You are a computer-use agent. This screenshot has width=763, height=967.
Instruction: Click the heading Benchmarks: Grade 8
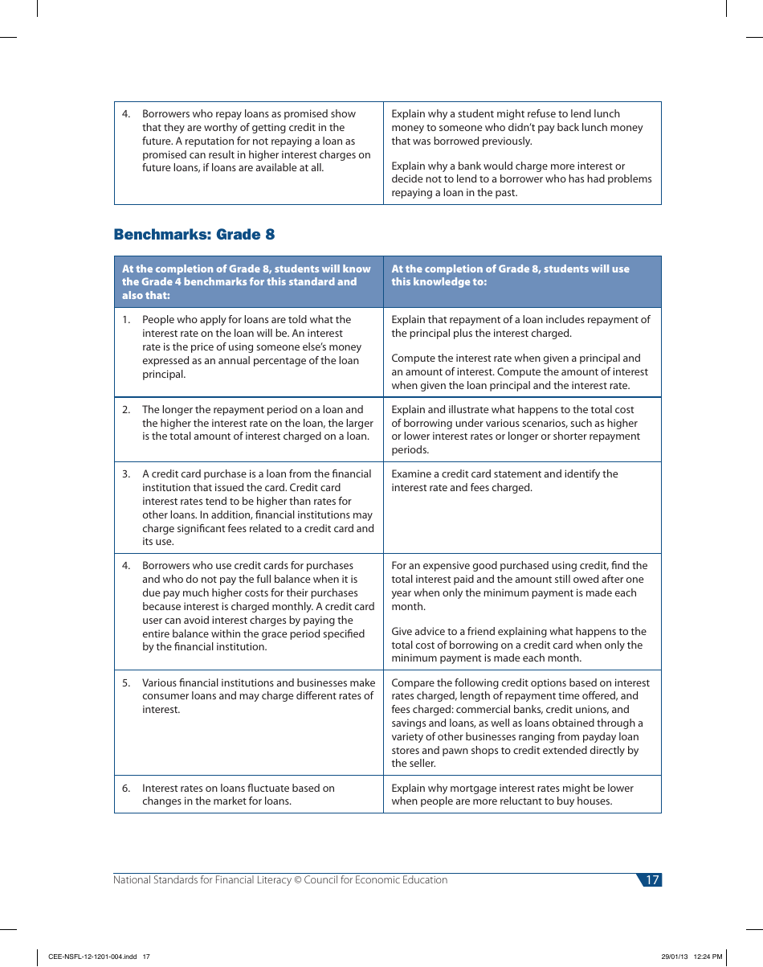tap(194, 235)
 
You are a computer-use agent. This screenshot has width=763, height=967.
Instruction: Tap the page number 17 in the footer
tap(651, 880)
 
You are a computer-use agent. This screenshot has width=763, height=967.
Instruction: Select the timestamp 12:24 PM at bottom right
tap(708, 957)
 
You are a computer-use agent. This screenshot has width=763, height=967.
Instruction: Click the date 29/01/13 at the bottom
tap(675, 957)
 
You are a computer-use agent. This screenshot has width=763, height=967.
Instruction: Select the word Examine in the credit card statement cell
tap(412, 474)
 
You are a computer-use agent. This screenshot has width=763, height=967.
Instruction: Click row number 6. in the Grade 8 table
tap(126, 789)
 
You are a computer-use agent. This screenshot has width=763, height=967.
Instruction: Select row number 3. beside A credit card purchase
tap(126, 474)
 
